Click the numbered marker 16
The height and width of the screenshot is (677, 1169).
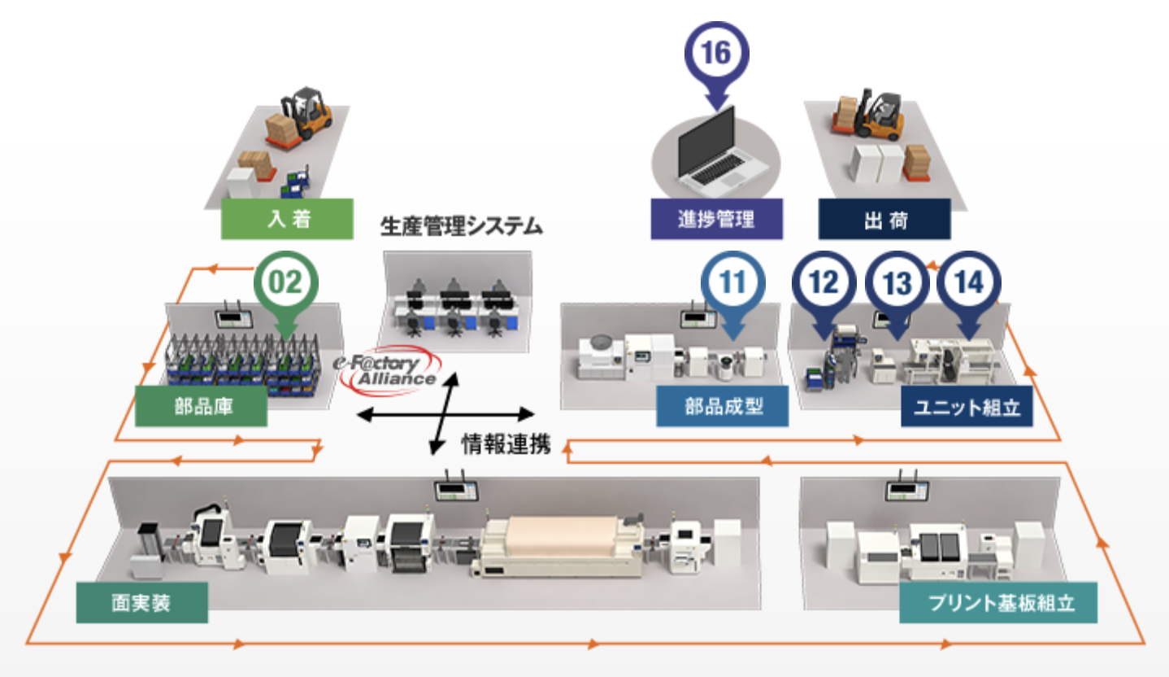pyautogui.click(x=716, y=53)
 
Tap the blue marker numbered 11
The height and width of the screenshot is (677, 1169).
pyautogui.click(x=733, y=282)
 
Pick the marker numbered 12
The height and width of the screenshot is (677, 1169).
pyautogui.click(x=824, y=283)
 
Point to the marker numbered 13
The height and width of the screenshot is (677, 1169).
pyautogui.click(x=897, y=283)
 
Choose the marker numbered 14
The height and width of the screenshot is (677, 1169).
pyautogui.click(x=969, y=283)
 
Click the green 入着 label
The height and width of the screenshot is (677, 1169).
pyautogui.click(x=287, y=219)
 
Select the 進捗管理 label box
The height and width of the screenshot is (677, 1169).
pyautogui.click(x=716, y=219)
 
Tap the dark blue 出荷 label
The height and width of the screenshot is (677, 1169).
pyautogui.click(x=884, y=220)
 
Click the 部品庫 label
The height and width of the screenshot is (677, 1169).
pyautogui.click(x=201, y=406)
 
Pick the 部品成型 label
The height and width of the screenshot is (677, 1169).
pyautogui.click(x=722, y=406)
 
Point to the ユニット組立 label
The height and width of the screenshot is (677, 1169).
pyautogui.click(x=967, y=406)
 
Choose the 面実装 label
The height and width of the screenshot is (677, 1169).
pyautogui.click(x=141, y=603)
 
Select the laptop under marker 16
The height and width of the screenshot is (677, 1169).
pyautogui.click(x=716, y=151)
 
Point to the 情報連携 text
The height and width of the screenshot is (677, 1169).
pyautogui.click(x=506, y=443)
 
